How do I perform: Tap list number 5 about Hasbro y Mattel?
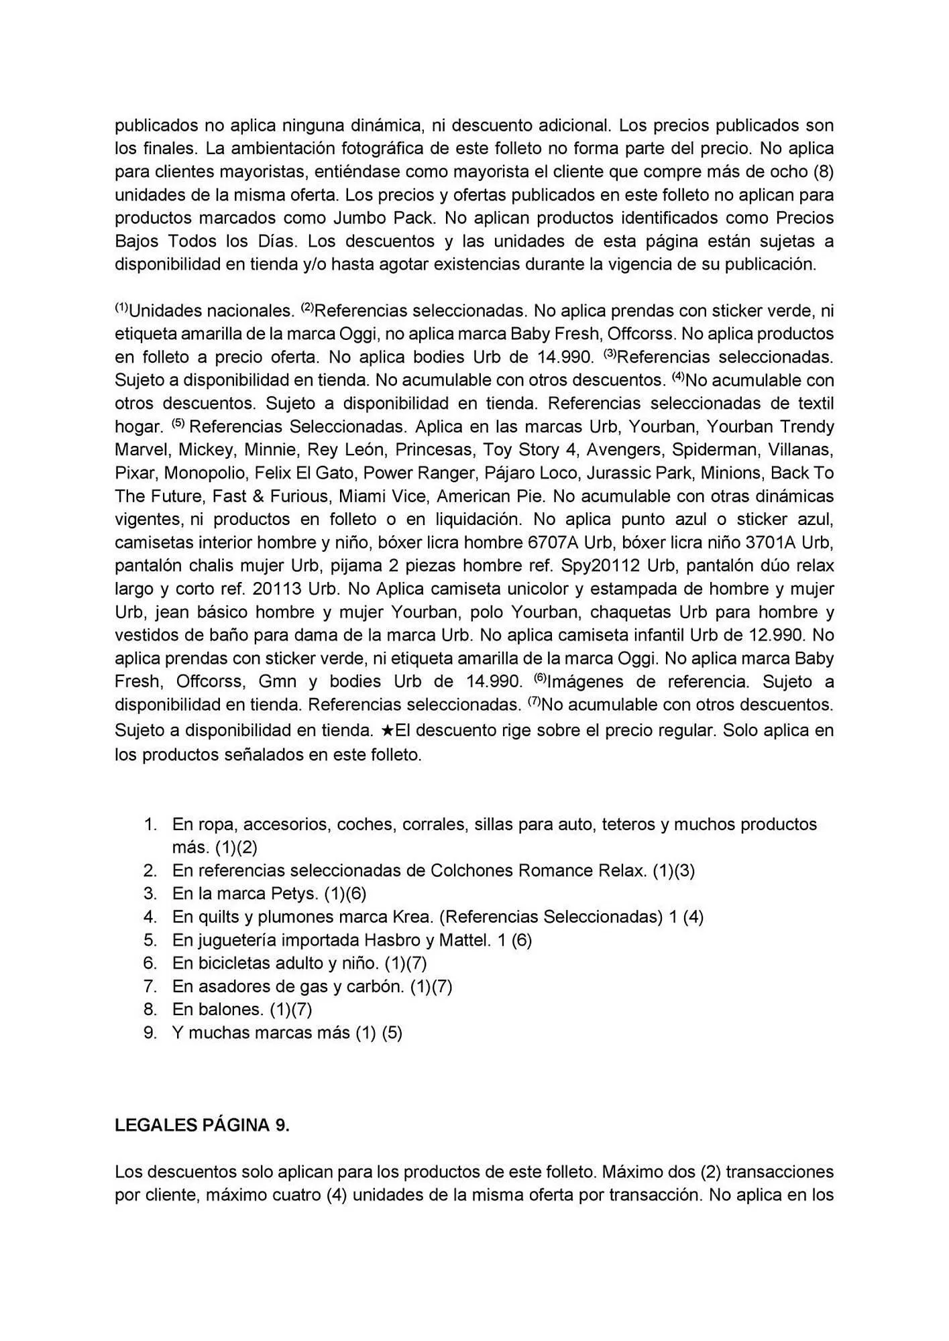(x=150, y=940)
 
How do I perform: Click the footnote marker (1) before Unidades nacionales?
(x=121, y=308)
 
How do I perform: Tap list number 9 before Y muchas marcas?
(x=150, y=1033)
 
